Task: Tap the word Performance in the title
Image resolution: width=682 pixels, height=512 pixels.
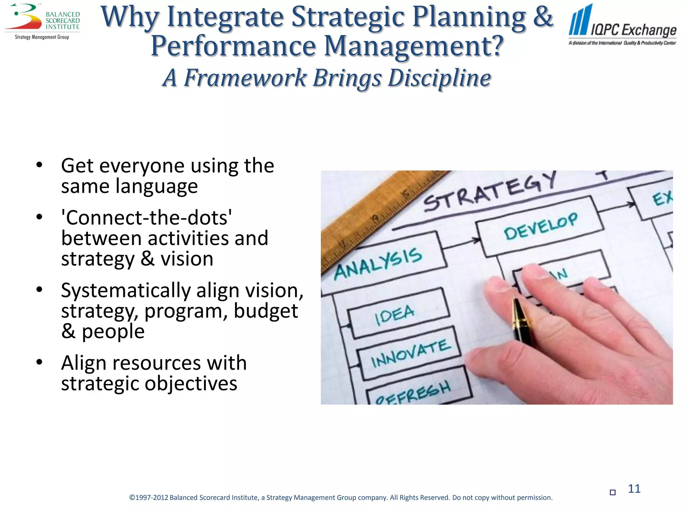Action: [x=233, y=46]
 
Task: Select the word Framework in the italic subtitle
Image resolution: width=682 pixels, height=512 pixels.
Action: [x=245, y=78]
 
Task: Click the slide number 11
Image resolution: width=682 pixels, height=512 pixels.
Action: [x=634, y=489]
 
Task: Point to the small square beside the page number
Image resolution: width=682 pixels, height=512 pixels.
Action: [x=612, y=492]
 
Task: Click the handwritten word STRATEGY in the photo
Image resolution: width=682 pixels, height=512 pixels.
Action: [x=490, y=192]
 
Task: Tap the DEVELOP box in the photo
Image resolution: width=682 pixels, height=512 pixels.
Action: [x=540, y=226]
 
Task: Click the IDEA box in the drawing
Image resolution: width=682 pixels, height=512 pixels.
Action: [x=396, y=313]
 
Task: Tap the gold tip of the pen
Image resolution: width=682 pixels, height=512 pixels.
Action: [x=517, y=308]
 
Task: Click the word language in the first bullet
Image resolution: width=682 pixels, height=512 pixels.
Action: [x=157, y=186]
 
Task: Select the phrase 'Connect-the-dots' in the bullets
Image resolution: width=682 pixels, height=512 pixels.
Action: [x=147, y=218]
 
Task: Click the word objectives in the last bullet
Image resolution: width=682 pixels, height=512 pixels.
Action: [x=191, y=383]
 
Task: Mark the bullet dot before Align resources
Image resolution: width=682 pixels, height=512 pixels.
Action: [x=39, y=362]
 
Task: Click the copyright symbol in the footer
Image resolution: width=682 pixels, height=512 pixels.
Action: [x=132, y=498]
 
